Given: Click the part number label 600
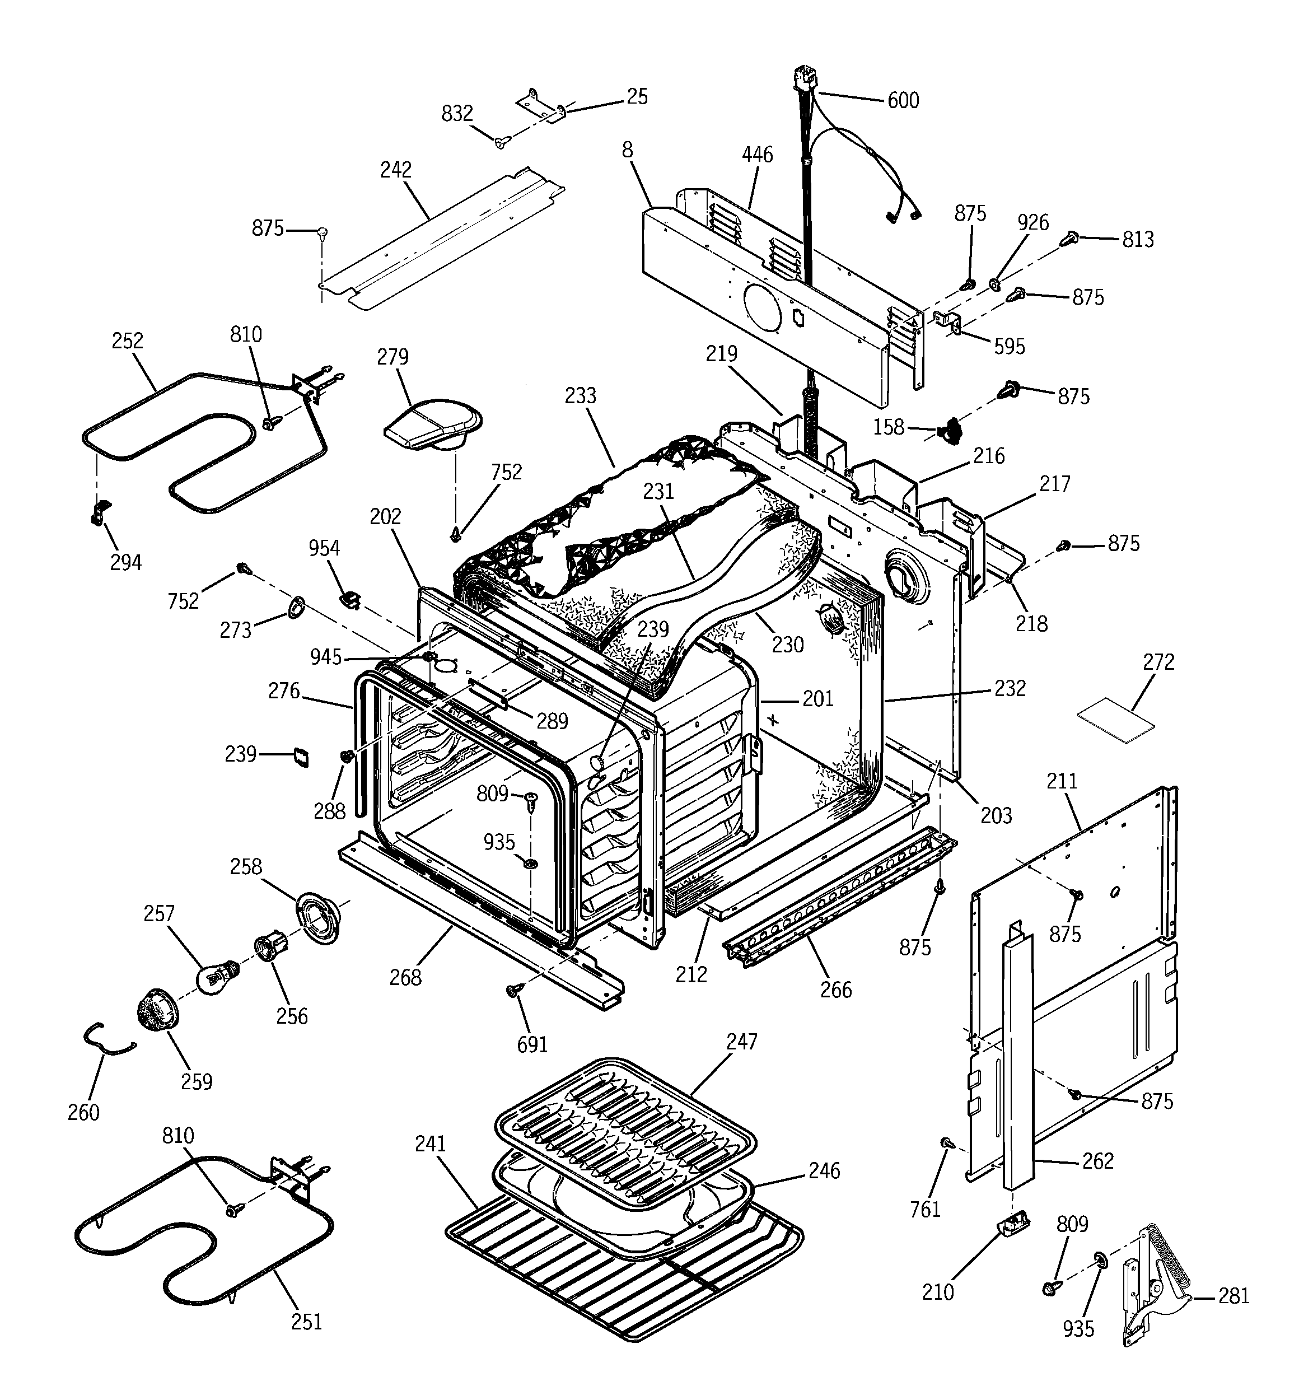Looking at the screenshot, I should (903, 101).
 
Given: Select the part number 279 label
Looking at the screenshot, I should (392, 357).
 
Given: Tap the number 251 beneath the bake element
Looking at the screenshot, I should (307, 1321).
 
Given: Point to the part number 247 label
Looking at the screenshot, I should (742, 1042).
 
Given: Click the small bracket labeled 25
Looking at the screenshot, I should (540, 105).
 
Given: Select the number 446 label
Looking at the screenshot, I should (757, 154).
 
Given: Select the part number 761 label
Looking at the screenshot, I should (926, 1210).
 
